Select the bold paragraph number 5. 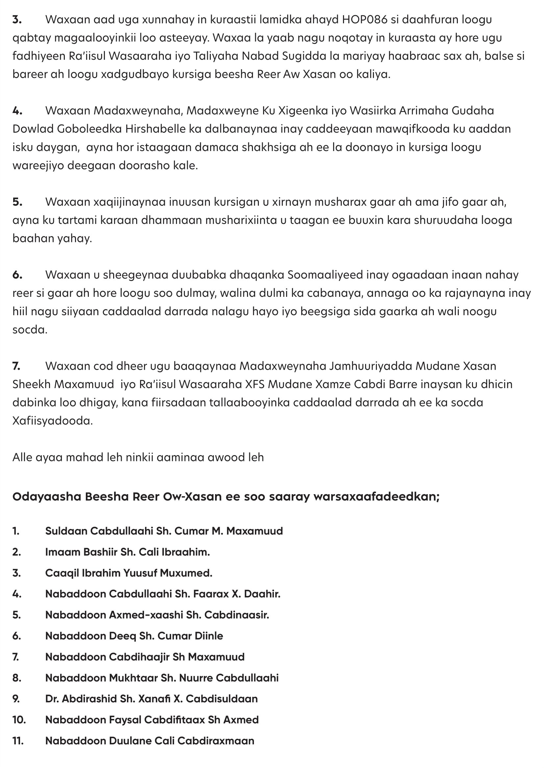(x=17, y=202)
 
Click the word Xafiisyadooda (x=52, y=421)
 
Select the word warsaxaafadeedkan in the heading (x=376, y=497)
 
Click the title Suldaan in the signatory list (x=66, y=531)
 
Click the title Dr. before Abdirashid (x=52, y=699)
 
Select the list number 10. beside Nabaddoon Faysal (x=19, y=720)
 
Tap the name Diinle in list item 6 (x=206, y=636)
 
